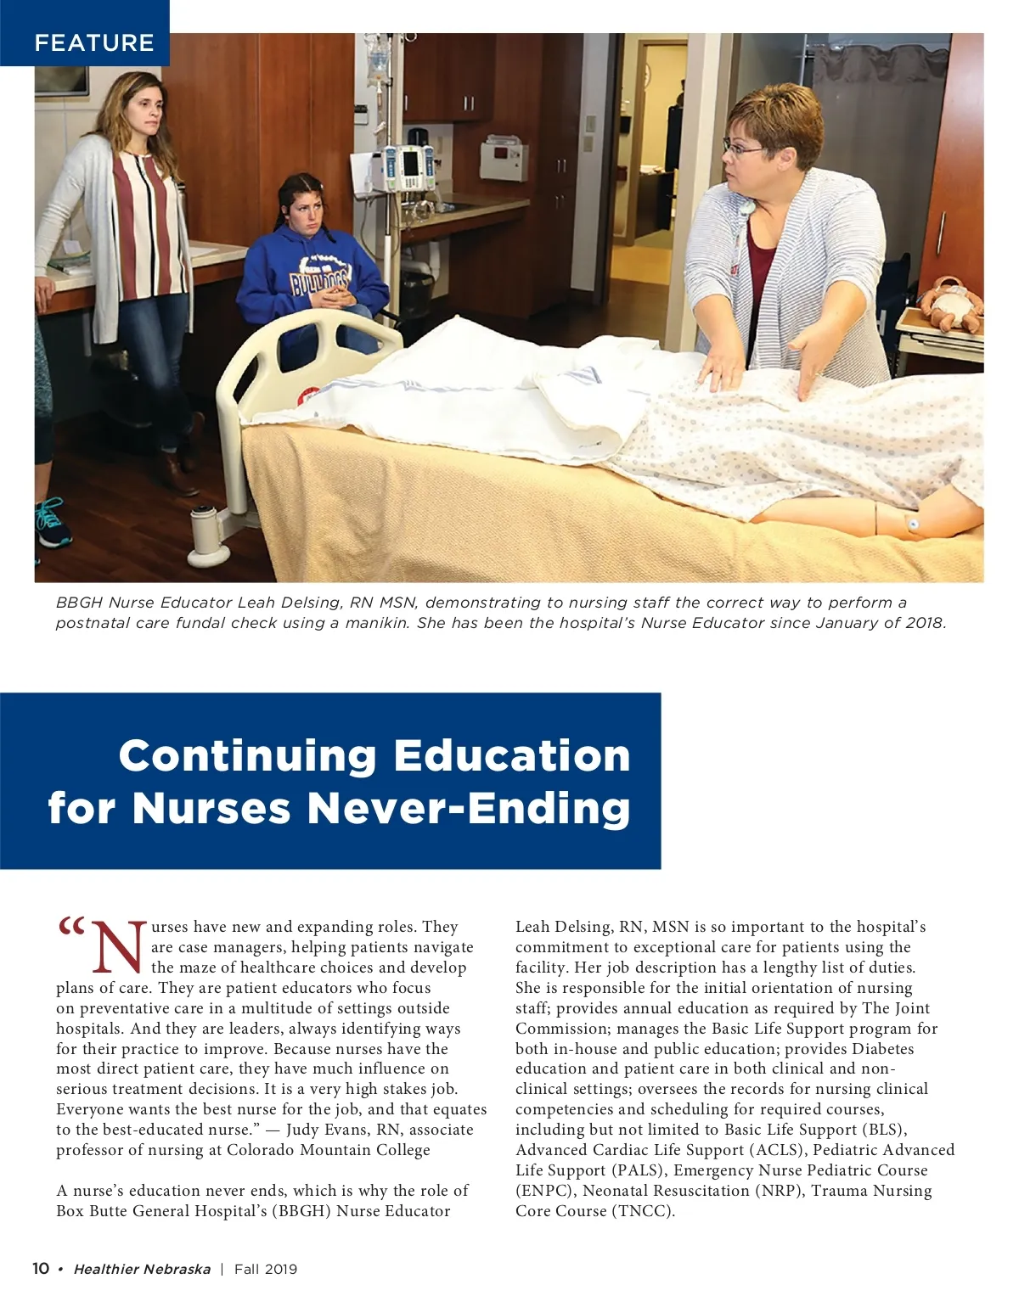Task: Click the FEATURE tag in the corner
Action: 93,42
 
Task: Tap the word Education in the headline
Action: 512,755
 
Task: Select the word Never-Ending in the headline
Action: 468,807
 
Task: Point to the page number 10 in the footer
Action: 41,1269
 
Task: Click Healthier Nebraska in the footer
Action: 142,1270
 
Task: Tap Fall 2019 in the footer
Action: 266,1270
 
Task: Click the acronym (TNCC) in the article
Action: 642,1211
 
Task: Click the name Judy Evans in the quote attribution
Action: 322,1130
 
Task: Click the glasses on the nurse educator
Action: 745,149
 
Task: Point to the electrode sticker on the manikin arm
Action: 913,524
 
